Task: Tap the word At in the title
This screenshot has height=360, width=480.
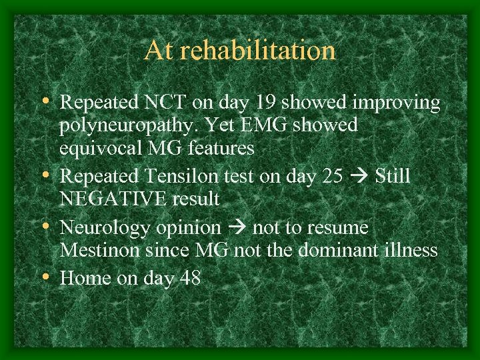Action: coord(159,51)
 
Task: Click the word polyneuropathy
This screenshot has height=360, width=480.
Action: coord(125,125)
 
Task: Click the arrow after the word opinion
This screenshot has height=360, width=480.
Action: coord(239,229)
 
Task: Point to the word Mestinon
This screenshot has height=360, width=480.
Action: coord(99,250)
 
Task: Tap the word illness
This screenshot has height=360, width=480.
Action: coord(413,250)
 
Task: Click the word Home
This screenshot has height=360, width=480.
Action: coord(86,277)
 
